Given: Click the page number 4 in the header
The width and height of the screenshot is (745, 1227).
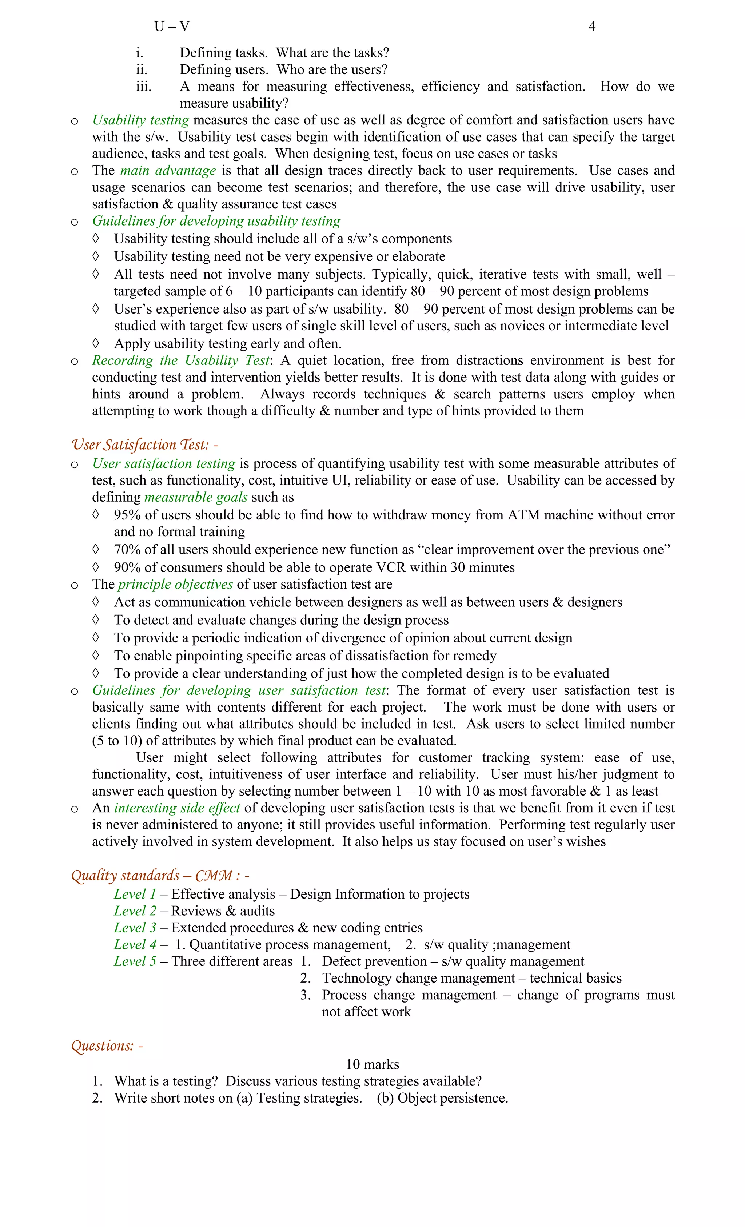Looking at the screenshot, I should tap(591, 27).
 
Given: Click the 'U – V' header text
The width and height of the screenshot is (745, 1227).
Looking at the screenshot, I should tap(172, 27).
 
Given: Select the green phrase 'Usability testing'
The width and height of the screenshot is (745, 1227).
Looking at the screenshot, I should tap(140, 120).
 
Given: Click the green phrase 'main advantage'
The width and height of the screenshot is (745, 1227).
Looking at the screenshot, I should tap(168, 171).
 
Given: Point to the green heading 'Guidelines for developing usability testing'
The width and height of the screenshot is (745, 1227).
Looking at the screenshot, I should tap(216, 221).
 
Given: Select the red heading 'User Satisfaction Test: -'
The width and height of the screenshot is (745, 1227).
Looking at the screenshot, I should tap(144, 445).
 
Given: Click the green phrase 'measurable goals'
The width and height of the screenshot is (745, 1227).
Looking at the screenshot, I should tap(196, 498).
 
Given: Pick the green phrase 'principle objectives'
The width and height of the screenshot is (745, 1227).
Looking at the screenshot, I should tap(175, 585).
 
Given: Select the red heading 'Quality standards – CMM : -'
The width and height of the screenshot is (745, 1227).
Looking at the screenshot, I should tap(160, 876).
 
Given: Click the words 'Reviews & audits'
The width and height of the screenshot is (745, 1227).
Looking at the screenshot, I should tap(223, 911).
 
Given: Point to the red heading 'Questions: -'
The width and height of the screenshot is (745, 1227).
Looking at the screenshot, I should tap(107, 1046).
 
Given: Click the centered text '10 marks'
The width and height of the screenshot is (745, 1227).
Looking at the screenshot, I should tap(372, 1065).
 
